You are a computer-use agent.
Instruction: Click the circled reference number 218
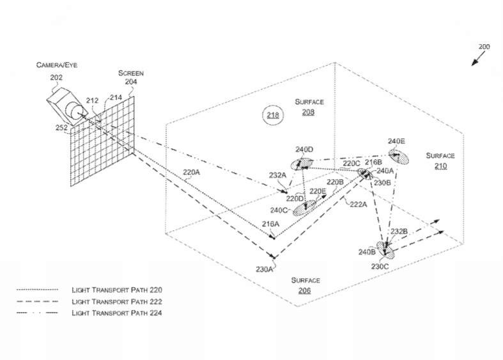coord(273,115)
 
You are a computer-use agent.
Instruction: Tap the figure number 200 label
coord(484,47)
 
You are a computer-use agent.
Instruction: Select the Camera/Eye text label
coord(57,65)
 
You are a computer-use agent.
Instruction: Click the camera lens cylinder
coord(76,111)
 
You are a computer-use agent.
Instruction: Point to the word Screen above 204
coord(131,73)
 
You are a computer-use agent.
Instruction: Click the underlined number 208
coord(308,113)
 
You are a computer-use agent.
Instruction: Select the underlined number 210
coord(440,166)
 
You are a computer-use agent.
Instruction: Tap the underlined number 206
coord(304,291)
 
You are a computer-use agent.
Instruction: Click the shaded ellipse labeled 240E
coord(399,157)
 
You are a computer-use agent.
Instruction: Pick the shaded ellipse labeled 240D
coord(302,164)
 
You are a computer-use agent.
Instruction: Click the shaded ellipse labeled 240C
coord(304,208)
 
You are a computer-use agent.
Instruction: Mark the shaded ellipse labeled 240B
coord(385,250)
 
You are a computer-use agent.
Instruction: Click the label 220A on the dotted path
coord(192,172)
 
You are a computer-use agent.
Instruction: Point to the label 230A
coord(265,269)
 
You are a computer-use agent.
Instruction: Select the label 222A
coord(359,205)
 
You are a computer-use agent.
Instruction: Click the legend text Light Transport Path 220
coord(117,290)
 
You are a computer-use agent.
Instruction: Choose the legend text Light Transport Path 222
coord(117,302)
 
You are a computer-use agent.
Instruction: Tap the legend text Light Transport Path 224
coord(117,313)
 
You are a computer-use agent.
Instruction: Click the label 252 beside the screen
coord(61,128)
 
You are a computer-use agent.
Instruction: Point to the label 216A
coord(270,224)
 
